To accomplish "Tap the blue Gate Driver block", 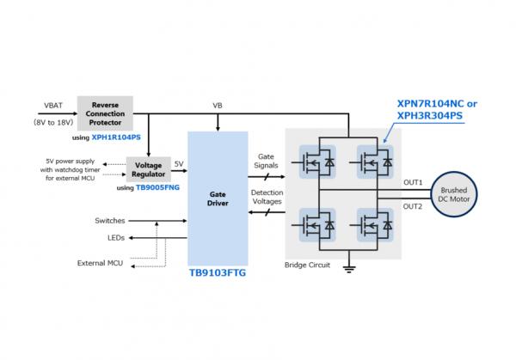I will tap(218, 197).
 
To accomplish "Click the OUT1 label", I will tap(413, 182).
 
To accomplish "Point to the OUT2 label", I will tap(413, 206).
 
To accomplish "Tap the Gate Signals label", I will tap(264, 161).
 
